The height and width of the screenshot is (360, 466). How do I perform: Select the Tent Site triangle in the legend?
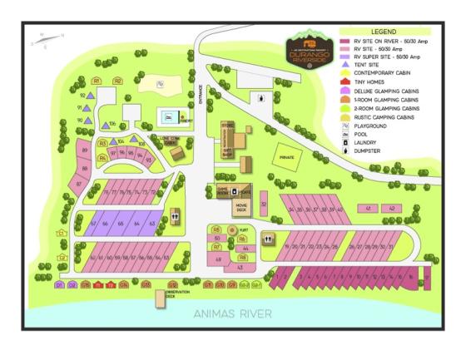point(346,63)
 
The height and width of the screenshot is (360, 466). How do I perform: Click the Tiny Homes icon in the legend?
point(346,81)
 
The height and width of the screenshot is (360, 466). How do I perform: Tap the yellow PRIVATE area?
point(288,155)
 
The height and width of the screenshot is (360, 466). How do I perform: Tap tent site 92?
point(82,96)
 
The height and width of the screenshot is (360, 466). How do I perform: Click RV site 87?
point(78,181)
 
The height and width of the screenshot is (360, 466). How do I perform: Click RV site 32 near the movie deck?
point(264,203)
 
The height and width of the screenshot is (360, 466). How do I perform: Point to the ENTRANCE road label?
point(201,96)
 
